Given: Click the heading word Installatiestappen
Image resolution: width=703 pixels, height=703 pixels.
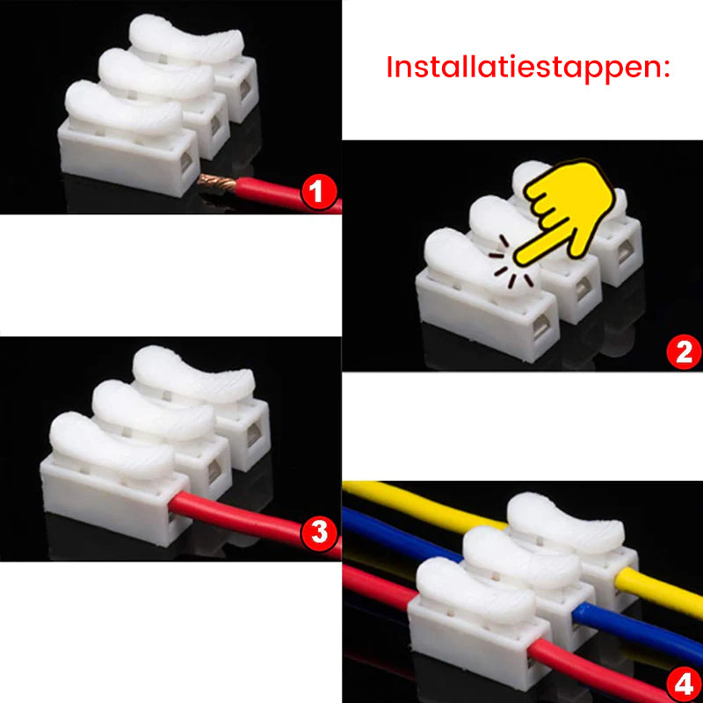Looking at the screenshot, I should pyautogui.click(x=527, y=68).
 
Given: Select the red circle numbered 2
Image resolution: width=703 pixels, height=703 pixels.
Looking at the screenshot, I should pyautogui.click(x=683, y=351).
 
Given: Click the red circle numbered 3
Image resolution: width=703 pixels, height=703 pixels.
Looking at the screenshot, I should pyautogui.click(x=318, y=532).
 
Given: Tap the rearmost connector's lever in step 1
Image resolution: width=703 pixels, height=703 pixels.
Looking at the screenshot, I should pyautogui.click(x=187, y=40).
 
